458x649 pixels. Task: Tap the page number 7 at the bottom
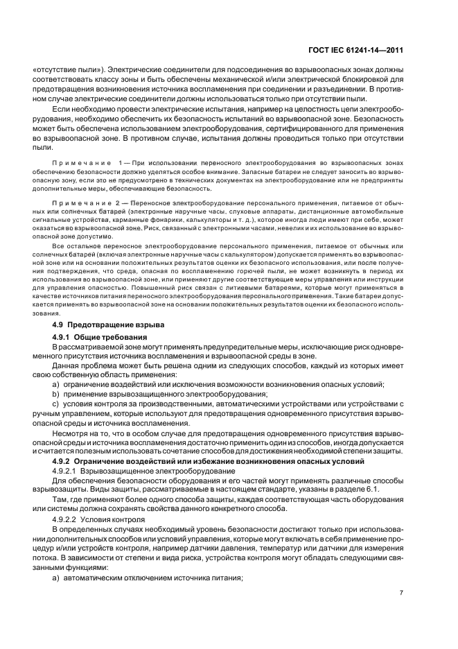pyautogui.click(x=402, y=592)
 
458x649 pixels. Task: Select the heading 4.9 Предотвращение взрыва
pyautogui.click(x=102, y=324)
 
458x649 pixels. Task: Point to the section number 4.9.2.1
pyautogui.click(x=66, y=471)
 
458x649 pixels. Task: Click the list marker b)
pyautogui.click(x=55, y=394)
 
